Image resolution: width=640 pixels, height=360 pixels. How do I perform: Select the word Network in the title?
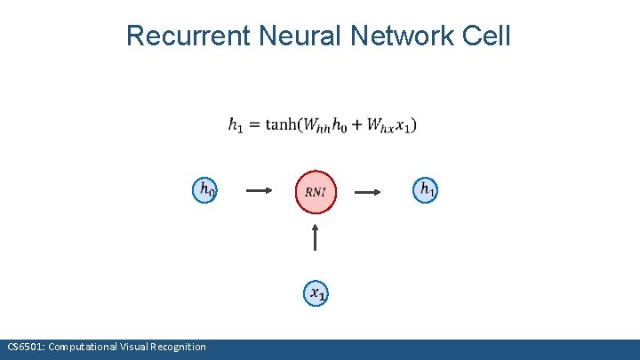tap(404, 36)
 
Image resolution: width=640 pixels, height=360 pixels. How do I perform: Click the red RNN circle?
tap(316, 192)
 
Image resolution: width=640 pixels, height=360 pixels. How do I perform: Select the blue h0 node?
tap(206, 189)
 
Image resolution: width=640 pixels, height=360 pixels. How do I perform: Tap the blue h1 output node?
tap(426, 189)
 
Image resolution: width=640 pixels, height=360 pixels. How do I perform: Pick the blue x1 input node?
tap(316, 292)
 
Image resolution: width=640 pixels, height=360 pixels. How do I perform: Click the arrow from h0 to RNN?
tap(259, 191)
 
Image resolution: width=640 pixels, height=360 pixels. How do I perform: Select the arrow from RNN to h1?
tap(370, 191)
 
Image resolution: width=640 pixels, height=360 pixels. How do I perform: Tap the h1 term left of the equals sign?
tap(236, 126)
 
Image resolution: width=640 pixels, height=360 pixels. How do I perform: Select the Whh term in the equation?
tap(316, 126)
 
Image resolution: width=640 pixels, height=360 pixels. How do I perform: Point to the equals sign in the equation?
tap(253, 125)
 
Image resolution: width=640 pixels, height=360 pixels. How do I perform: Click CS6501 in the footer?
tap(24, 347)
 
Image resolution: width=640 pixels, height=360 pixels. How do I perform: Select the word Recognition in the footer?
tap(180, 347)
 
